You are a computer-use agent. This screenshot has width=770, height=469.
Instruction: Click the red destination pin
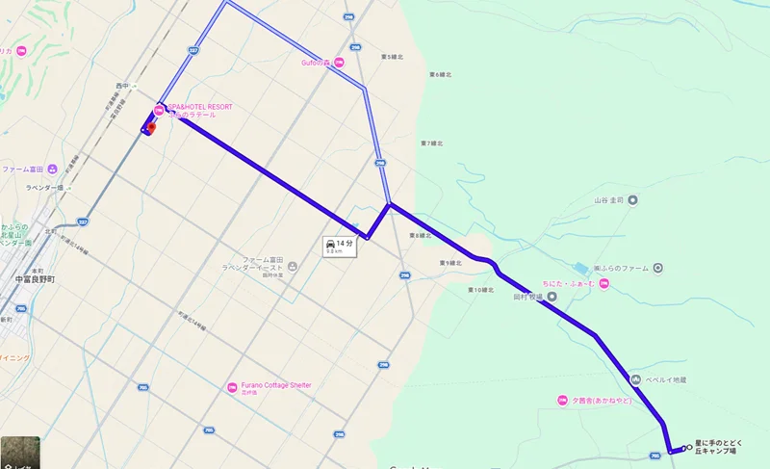coord(151,127)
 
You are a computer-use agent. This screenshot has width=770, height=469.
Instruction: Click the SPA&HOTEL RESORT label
coord(200,107)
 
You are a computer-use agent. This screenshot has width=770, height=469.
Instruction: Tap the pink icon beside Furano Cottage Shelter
coord(232,388)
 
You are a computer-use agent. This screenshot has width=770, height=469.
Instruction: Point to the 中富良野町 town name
coord(38,279)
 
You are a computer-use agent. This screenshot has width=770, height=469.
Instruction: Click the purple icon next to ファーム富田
coord(64,169)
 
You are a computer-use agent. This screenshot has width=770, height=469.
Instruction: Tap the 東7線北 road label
coord(436,143)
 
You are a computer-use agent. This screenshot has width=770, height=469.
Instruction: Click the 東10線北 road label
coord(481,289)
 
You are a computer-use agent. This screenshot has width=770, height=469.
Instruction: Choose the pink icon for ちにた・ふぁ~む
coord(603,282)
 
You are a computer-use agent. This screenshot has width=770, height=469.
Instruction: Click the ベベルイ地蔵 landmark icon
coord(635,379)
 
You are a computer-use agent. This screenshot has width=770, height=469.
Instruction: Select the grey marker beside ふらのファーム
coord(657,268)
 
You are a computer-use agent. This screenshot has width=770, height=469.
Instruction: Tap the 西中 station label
coord(121,87)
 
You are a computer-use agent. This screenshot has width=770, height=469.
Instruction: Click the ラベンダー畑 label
coord(44,188)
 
